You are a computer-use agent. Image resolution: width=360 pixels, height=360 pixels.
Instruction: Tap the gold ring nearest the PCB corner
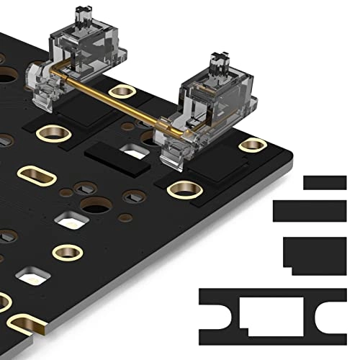pyautogui.click(x=252, y=145)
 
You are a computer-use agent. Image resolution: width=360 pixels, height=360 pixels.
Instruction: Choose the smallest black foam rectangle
pyautogui.click(x=325, y=183)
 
